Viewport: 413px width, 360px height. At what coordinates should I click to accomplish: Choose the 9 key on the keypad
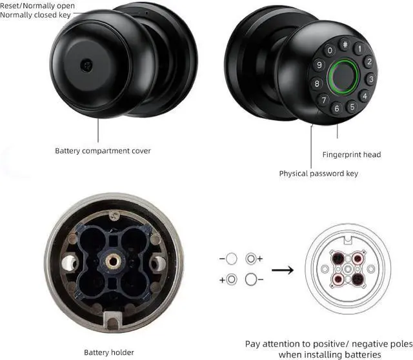[x=319, y=66]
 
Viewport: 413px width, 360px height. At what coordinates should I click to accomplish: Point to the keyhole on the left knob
[x=85, y=65]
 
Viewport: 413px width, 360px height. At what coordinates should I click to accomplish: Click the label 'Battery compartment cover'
[x=103, y=151]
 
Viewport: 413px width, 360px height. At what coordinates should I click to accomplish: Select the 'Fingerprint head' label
[x=352, y=154]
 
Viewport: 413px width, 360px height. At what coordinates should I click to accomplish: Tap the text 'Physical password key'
[x=318, y=174]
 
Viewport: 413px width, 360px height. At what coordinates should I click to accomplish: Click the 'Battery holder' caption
[x=108, y=352]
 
